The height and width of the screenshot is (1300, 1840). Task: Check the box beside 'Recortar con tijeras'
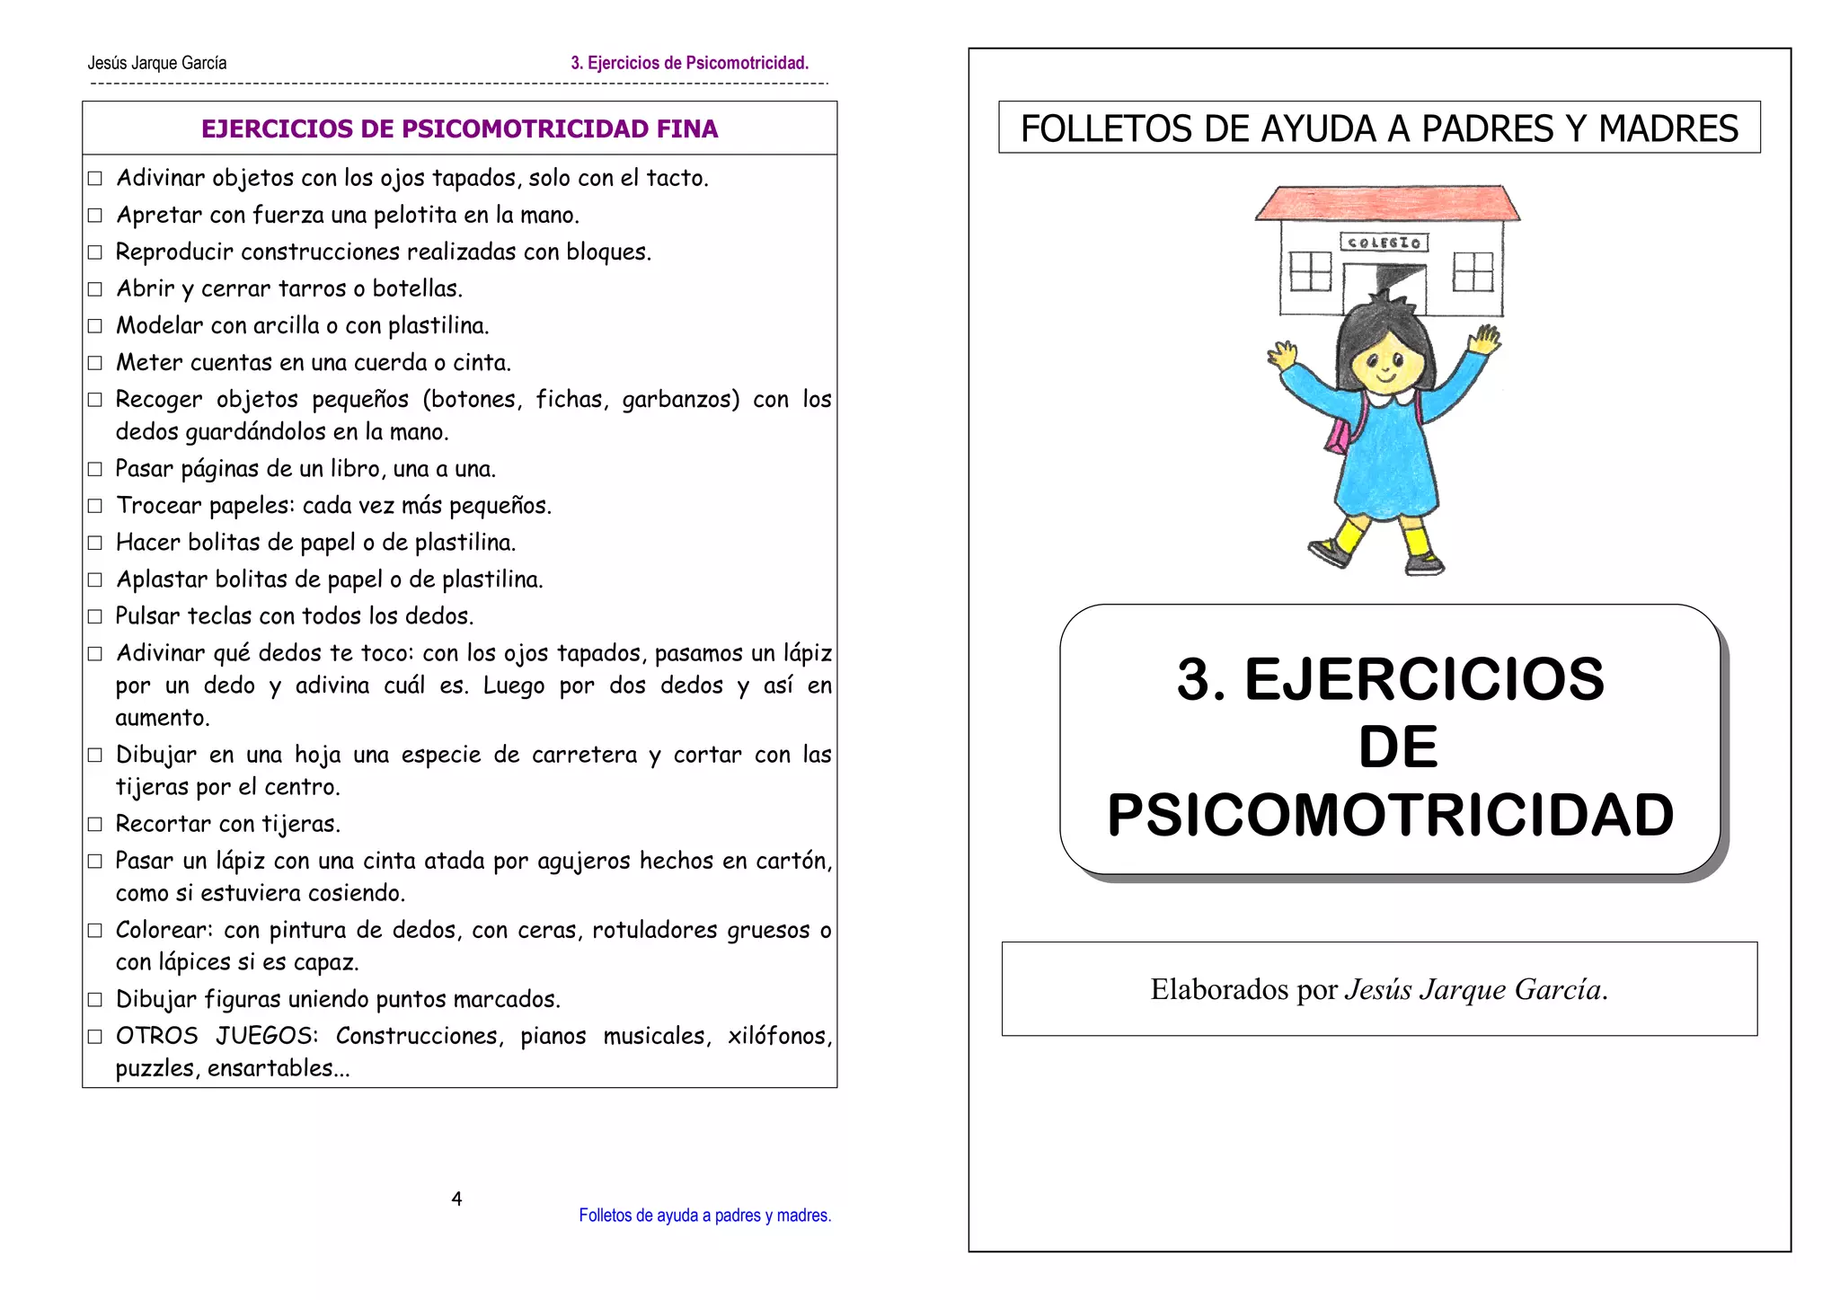click(x=95, y=824)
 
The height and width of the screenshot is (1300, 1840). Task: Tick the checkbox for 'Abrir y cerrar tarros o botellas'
click(x=95, y=289)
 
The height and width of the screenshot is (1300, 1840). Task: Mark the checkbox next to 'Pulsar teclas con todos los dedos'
click(x=95, y=616)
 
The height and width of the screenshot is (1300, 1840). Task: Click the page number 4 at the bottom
click(x=456, y=1198)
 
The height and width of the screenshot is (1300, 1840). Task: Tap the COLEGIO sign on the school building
click(x=1384, y=243)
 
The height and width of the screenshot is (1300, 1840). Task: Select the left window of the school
click(x=1310, y=271)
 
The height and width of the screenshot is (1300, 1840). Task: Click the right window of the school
click(x=1473, y=271)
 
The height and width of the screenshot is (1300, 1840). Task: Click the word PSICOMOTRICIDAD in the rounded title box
click(x=1390, y=815)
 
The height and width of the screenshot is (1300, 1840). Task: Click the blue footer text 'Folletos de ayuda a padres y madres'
click(x=704, y=1216)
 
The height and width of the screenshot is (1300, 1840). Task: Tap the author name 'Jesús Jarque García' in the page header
click(x=157, y=63)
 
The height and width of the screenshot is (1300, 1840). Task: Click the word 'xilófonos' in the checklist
click(x=779, y=1036)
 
